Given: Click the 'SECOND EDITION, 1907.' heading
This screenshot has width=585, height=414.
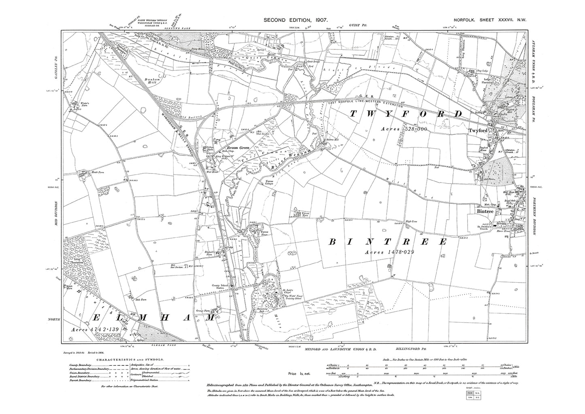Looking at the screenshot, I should click(295, 20).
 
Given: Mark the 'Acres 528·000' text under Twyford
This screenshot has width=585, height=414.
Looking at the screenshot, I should click(404, 129).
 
